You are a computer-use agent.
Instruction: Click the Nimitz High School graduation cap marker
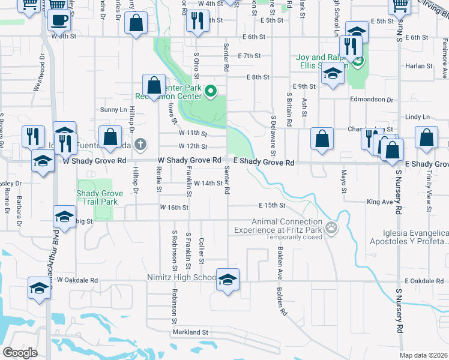coord(228,280)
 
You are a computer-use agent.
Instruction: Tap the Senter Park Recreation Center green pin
coord(211,91)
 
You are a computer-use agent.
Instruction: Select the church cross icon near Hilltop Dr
coord(140,144)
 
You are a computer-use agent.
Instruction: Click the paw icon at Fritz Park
coord(331,227)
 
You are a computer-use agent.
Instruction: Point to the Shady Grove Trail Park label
coord(100,197)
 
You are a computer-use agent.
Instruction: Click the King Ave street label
coord(379,202)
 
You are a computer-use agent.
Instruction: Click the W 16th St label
coord(174,208)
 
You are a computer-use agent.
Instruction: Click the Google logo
coord(20,353)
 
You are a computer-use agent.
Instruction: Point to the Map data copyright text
coord(423,355)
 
